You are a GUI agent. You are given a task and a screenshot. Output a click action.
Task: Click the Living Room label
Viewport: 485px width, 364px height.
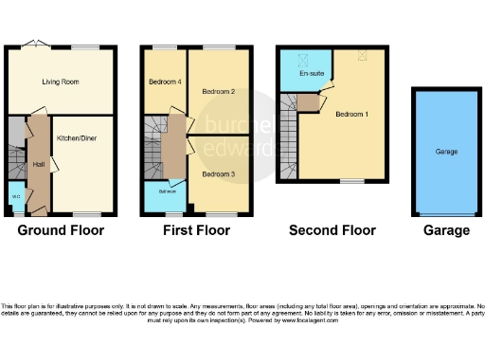(59, 82)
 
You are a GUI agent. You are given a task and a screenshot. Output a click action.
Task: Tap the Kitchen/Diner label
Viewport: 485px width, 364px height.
(77, 138)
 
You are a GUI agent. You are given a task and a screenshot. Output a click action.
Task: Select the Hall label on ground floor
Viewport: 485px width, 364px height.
(39, 164)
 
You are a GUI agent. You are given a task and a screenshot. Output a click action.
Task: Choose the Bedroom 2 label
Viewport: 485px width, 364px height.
(218, 92)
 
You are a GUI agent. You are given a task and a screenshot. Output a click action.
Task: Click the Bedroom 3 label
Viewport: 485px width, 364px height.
(218, 174)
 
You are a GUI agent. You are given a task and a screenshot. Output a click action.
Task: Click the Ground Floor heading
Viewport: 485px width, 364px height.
(61, 230)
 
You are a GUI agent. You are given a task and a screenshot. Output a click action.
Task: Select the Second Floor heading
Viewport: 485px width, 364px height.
(332, 230)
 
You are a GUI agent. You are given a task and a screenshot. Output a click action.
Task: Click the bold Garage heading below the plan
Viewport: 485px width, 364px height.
(446, 230)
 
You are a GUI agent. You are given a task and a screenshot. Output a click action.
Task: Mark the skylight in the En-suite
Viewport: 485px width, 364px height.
(306, 57)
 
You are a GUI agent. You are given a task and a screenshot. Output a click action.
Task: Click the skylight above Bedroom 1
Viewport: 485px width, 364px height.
(361, 57)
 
